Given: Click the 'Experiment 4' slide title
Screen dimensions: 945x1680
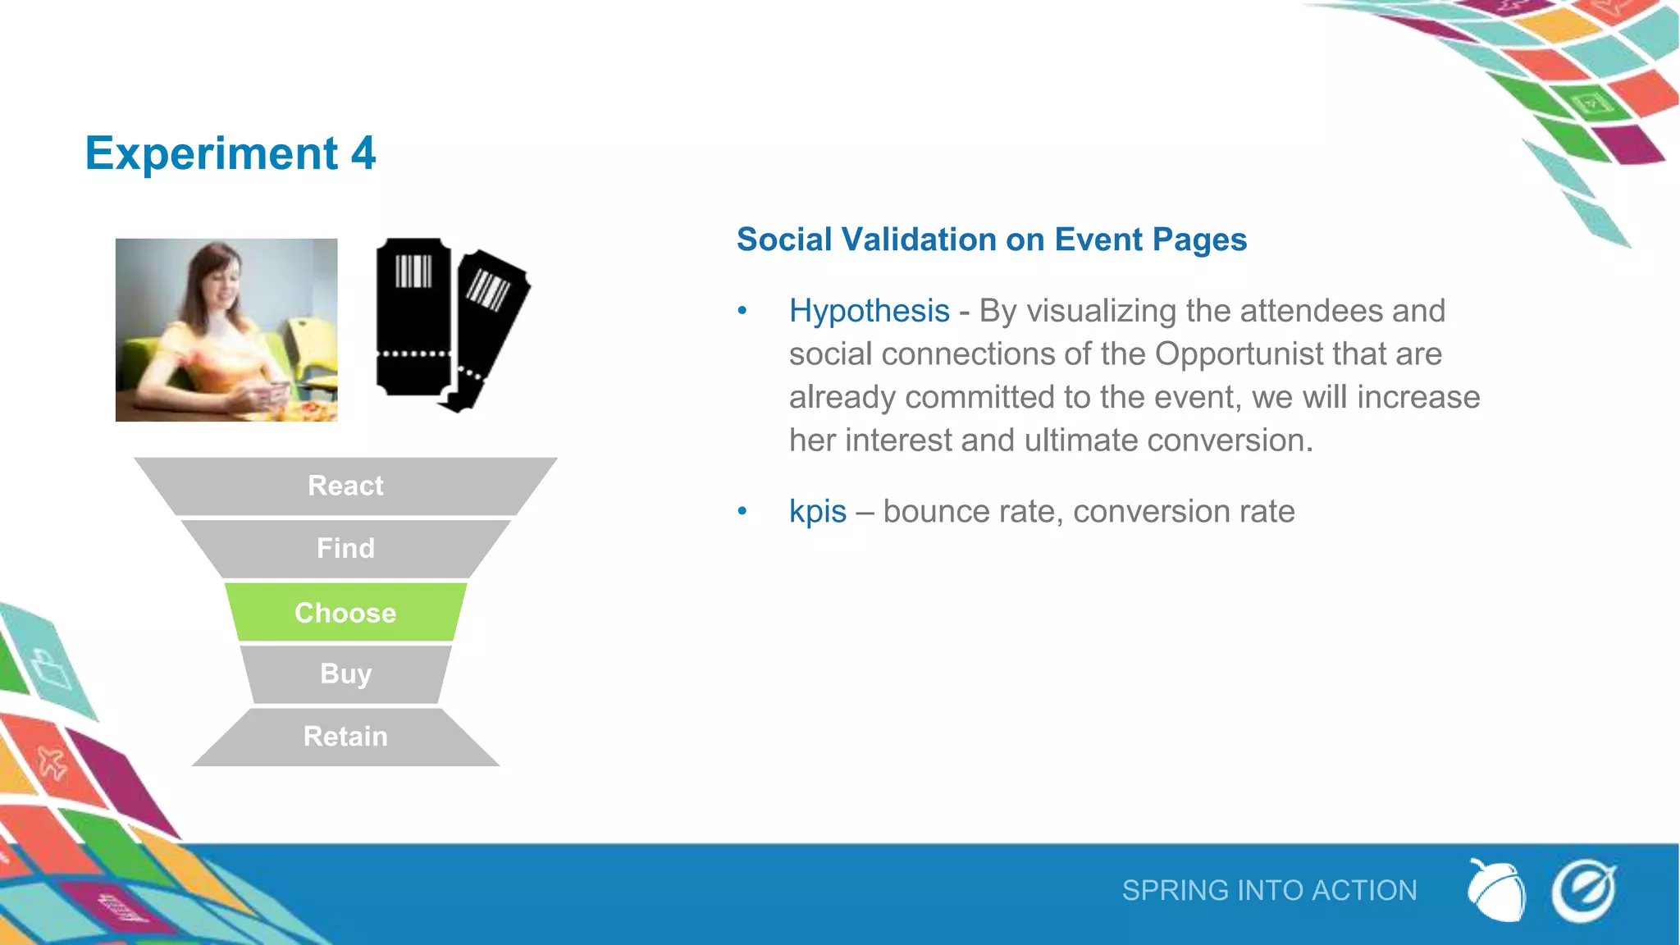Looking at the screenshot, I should tap(231, 153).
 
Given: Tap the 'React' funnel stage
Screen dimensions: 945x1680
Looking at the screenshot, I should tap(345, 486).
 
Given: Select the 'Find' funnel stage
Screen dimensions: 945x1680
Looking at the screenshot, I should tap(345, 548).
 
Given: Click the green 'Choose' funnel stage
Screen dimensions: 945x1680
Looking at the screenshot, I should tap(345, 613).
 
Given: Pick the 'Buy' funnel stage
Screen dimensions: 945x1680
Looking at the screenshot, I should tap(345, 673).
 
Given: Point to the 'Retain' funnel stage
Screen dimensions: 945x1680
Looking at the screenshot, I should tap(345, 737).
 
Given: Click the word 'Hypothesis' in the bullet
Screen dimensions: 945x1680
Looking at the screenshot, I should tap(869, 312).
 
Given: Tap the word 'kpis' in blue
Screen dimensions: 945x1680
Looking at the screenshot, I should tap(817, 512).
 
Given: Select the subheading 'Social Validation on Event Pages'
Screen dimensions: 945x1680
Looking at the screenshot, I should tap(991, 240).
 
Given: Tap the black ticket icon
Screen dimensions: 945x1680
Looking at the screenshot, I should tap(451, 325).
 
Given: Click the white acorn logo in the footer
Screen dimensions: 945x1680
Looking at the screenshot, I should tap(1496, 890).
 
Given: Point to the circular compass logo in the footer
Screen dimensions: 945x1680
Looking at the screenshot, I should tap(1583, 891).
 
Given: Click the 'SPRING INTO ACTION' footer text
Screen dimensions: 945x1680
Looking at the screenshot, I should tap(1269, 891).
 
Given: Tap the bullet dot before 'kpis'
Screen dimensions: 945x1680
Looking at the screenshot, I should tap(742, 512).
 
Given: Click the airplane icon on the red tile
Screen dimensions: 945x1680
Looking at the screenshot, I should tap(52, 763).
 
